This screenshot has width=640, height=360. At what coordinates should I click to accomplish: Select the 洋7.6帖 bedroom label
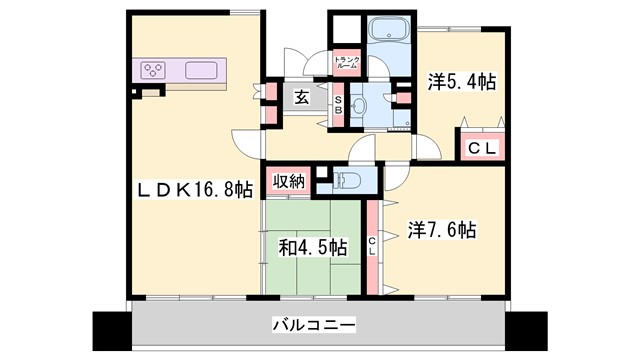(x=442, y=229)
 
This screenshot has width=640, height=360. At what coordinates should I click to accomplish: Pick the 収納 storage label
(x=285, y=183)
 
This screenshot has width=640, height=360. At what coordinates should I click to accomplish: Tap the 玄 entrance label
(x=301, y=97)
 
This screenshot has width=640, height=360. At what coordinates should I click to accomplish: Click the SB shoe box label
(x=339, y=105)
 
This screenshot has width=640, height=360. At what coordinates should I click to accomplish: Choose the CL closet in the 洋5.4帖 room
(x=482, y=147)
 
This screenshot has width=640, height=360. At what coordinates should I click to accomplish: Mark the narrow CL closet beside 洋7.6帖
(x=371, y=244)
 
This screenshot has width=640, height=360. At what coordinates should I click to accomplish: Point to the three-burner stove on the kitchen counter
(x=154, y=70)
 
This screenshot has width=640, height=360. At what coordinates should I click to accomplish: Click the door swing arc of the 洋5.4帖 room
(x=428, y=147)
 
